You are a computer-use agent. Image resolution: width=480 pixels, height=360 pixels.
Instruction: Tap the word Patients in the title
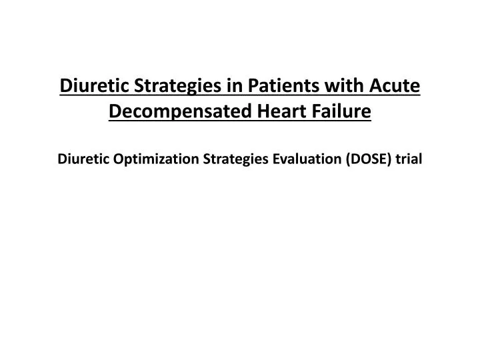coord(284,85)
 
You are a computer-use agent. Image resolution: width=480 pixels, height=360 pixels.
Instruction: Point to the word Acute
coord(395,85)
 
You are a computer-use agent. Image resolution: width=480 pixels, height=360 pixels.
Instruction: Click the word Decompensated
coord(180,112)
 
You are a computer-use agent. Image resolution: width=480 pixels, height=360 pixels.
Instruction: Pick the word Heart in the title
coord(281,111)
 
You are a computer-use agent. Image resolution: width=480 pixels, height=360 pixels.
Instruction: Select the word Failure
coord(341,111)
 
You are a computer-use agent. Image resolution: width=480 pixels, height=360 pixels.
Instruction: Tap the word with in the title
coord(345,85)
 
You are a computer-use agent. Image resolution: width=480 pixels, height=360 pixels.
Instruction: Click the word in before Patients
coord(235,85)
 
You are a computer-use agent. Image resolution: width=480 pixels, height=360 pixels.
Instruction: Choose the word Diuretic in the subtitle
coord(83,159)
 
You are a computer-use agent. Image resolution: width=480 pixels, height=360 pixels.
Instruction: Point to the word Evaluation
coord(307,159)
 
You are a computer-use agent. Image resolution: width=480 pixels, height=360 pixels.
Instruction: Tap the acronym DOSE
coord(369,159)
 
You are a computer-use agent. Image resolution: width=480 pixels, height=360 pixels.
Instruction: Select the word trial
coord(409,159)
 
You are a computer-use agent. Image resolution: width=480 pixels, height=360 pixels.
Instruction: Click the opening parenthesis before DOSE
coord(348,160)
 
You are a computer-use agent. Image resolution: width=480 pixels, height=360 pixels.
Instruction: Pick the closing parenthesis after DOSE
coord(389,160)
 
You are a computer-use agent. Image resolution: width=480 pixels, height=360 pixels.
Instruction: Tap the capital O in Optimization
coord(119,159)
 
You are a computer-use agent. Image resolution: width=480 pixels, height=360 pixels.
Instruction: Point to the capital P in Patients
coord(253,86)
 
